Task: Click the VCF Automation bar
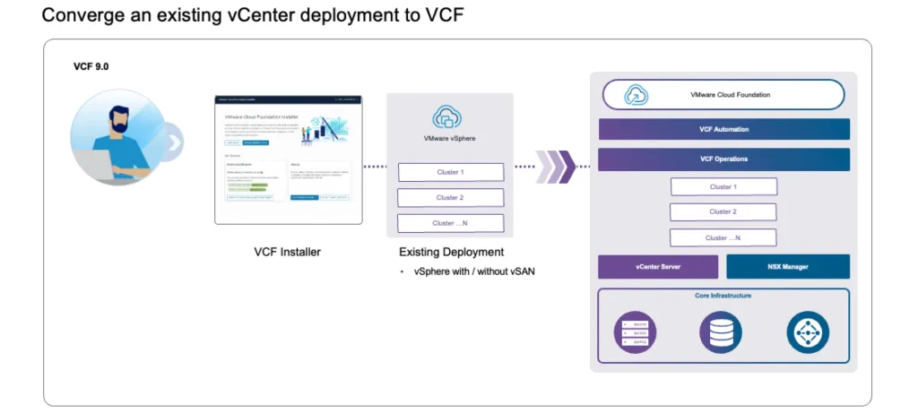[723, 129]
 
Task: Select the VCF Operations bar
[723, 159]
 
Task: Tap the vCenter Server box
[658, 267]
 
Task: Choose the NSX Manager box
[788, 267]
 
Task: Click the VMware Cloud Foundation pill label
[723, 94]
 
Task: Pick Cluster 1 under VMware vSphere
[450, 172]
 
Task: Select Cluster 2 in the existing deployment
[450, 197]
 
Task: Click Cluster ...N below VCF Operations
[723, 237]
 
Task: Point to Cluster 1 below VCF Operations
[723, 186]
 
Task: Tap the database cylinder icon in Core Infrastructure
[721, 331]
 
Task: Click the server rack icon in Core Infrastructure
[635, 331]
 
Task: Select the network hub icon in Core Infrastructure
[808, 331]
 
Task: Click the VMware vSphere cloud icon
[448, 116]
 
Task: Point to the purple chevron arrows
[555, 166]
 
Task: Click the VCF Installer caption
[287, 252]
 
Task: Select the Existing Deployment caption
[451, 252]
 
